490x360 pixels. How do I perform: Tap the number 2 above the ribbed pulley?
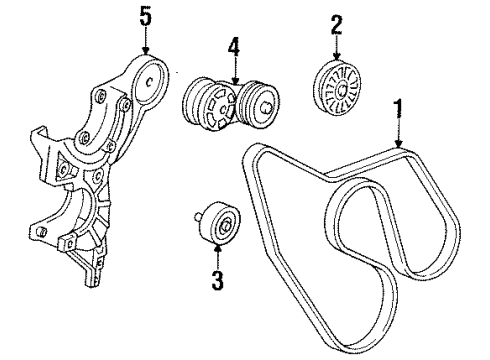[337, 24]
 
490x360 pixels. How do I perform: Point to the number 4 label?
[233, 47]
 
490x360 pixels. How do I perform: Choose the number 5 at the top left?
[145, 16]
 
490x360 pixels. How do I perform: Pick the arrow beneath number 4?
[233, 70]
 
